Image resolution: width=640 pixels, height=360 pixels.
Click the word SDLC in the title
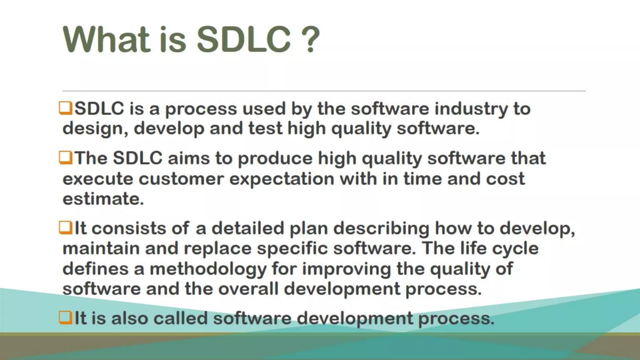point(244,40)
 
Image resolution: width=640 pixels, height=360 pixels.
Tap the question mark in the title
point(309,40)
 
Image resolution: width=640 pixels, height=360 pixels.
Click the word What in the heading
point(106,40)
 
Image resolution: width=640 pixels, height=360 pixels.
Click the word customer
point(181,179)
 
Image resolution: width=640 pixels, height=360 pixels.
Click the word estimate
point(103,199)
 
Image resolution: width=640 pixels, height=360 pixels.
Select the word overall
point(248,288)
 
